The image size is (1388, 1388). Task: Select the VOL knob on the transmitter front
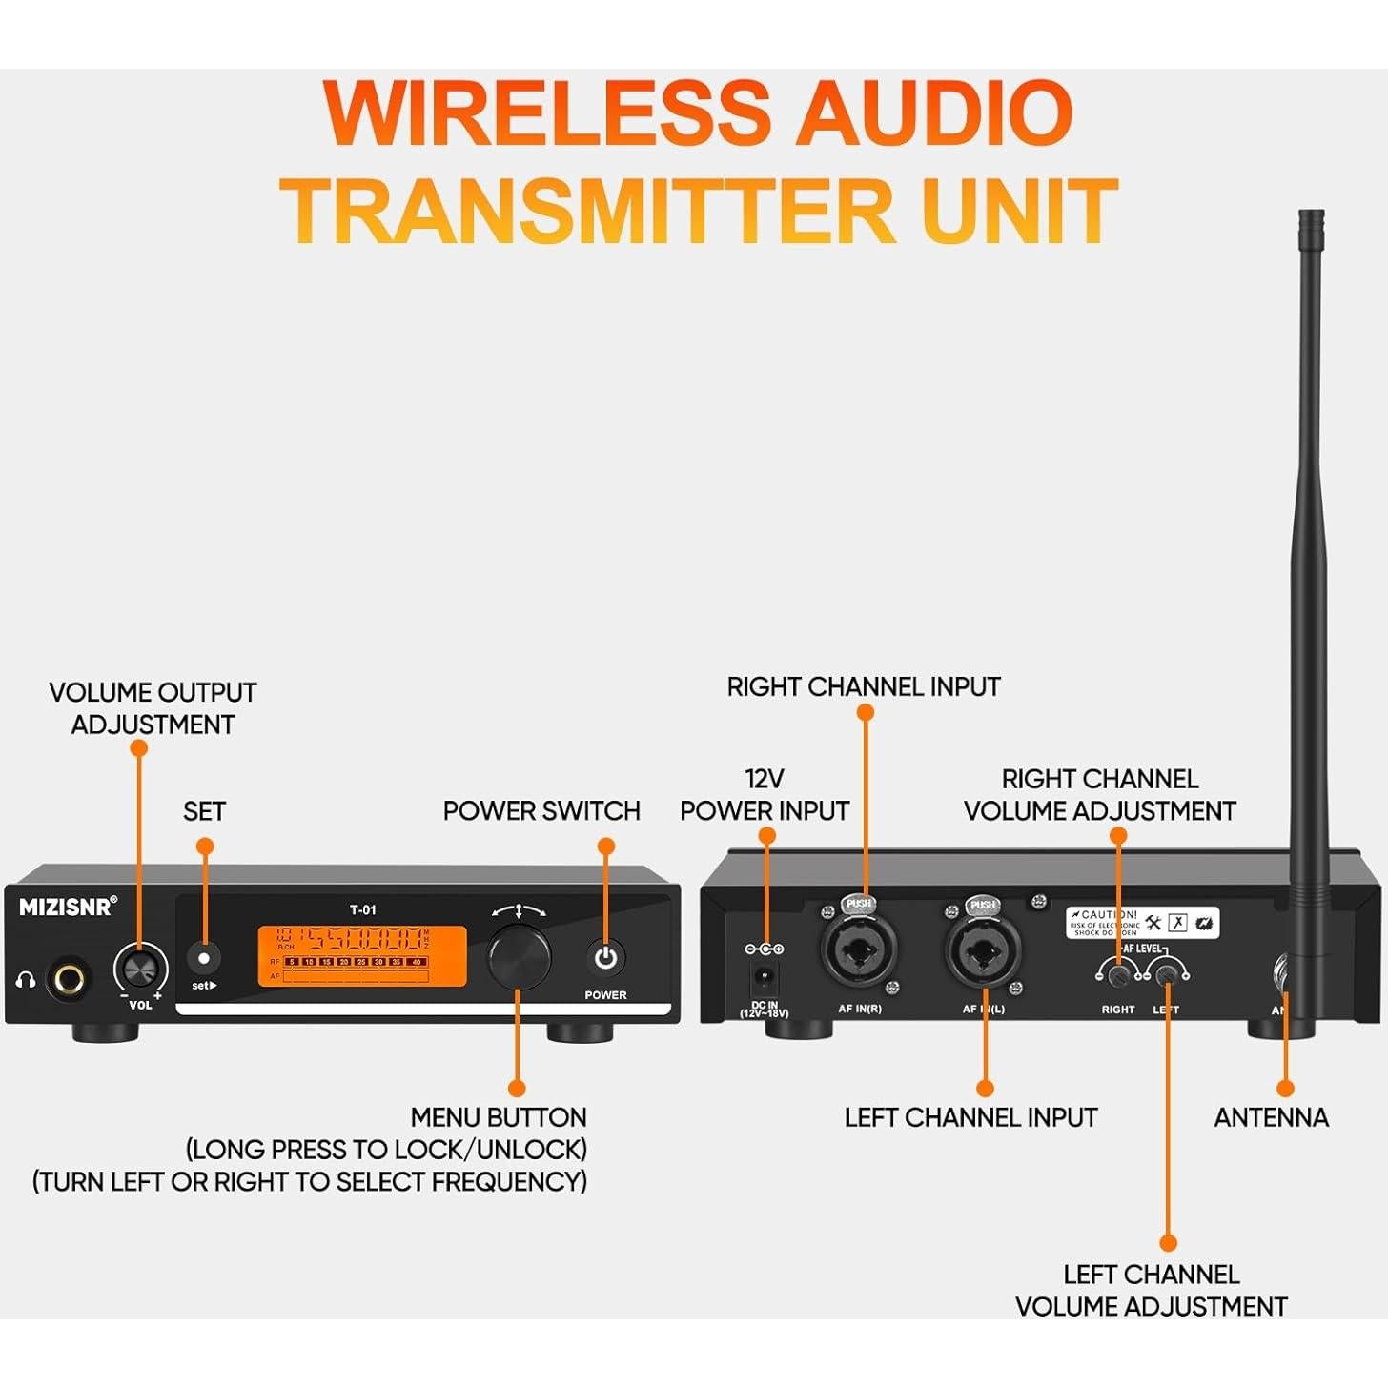[x=139, y=970]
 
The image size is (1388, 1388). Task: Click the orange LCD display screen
[x=362, y=956]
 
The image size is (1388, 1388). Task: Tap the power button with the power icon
[x=605, y=958]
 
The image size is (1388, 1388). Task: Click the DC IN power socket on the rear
[x=765, y=977]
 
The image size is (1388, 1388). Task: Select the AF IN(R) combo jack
[x=858, y=949]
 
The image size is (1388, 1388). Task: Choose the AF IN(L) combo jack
[x=983, y=950]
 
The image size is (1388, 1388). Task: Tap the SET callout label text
[x=204, y=811]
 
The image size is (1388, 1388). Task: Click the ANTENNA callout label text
[x=1271, y=1117]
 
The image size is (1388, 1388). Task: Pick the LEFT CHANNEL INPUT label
[x=970, y=1117]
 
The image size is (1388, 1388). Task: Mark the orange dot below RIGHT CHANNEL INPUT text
[x=866, y=712]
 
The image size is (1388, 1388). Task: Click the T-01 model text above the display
[x=363, y=909]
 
